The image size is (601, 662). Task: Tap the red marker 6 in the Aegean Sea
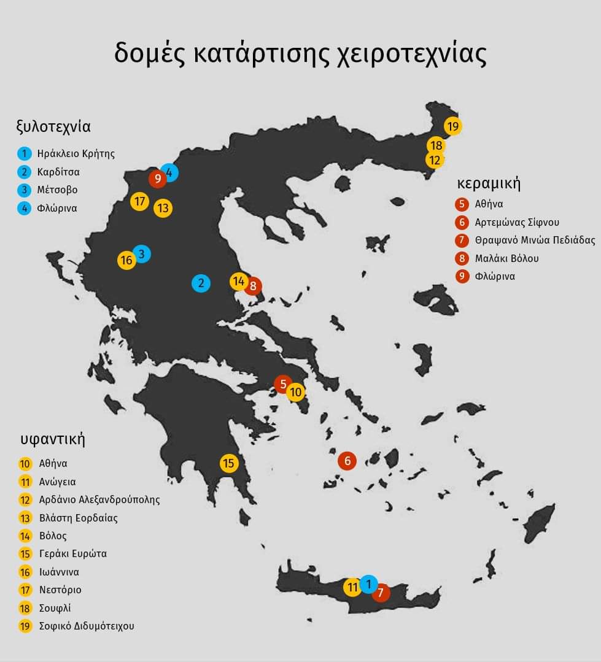pyautogui.click(x=347, y=460)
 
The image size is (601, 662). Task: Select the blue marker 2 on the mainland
pyautogui.click(x=201, y=283)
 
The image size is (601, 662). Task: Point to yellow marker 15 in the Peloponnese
pyautogui.click(x=229, y=463)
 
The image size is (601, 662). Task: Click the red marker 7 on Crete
pyautogui.click(x=381, y=593)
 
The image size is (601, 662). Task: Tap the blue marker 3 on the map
pyautogui.click(x=142, y=253)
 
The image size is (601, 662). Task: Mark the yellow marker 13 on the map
pyautogui.click(x=163, y=208)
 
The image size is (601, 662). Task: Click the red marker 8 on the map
pyautogui.click(x=252, y=286)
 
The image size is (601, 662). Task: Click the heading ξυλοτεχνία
pyautogui.click(x=53, y=127)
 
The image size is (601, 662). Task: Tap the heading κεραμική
pyautogui.click(x=489, y=183)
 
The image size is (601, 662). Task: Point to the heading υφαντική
pyautogui.click(x=52, y=439)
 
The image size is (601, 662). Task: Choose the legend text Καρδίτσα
pyautogui.click(x=58, y=172)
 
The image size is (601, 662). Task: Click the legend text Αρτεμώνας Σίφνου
pyautogui.click(x=517, y=222)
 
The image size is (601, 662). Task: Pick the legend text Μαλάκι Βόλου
pyautogui.click(x=506, y=258)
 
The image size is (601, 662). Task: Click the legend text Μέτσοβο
pyautogui.click(x=57, y=190)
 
